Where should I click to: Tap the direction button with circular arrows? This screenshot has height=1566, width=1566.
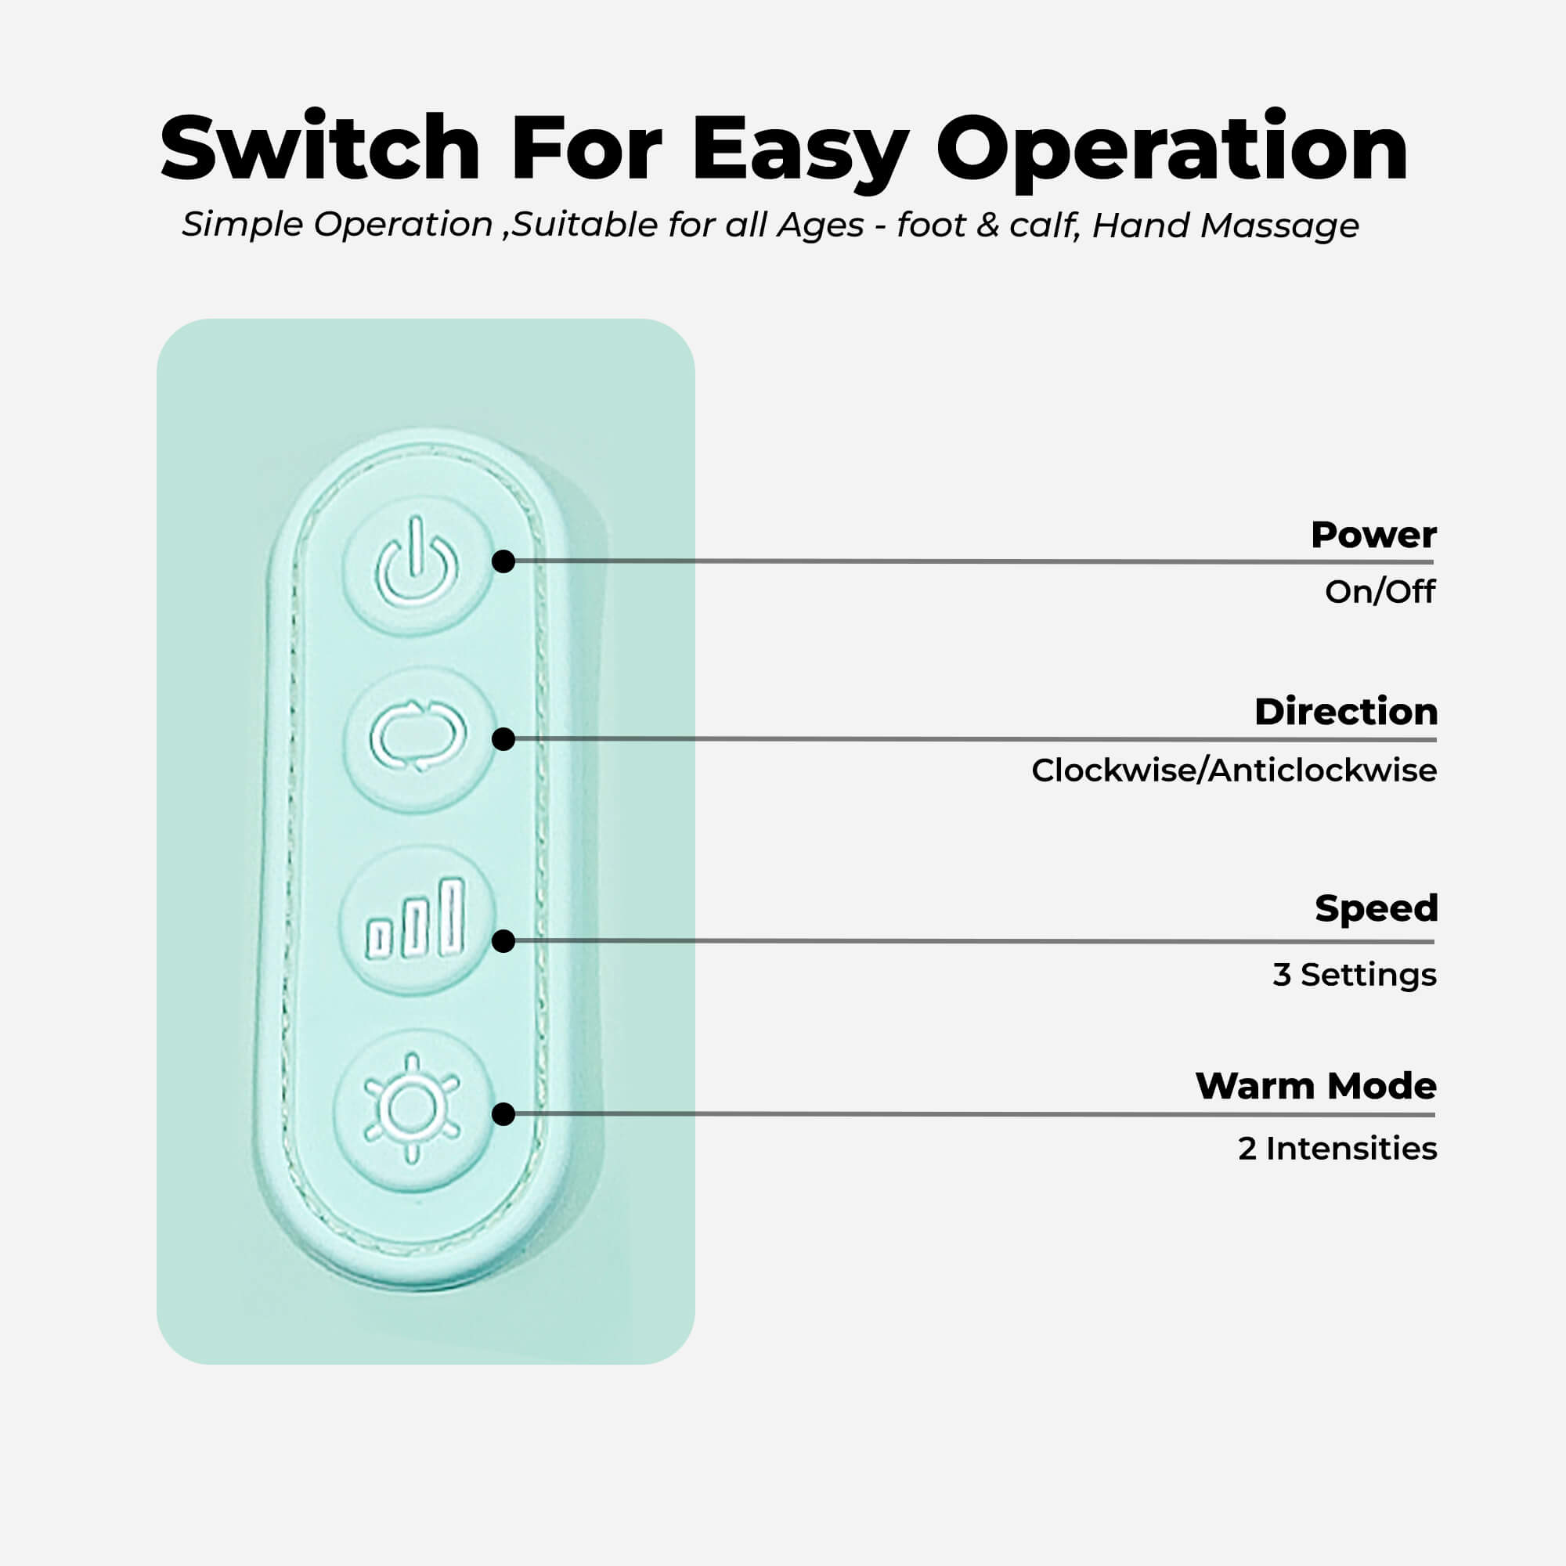tap(418, 738)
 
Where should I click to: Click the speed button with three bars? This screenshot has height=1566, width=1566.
tap(417, 921)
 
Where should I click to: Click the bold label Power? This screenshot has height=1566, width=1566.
tap(1373, 535)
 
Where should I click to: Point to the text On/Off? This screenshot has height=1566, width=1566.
tap(1380, 592)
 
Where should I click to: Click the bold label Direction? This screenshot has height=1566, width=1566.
tap(1345, 712)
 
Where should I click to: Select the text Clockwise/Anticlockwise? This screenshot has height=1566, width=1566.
tap(1234, 770)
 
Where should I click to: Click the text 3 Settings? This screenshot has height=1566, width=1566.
tap(1355, 974)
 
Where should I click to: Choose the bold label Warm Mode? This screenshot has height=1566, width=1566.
tap(1315, 1086)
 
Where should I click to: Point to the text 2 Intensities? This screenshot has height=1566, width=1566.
tap(1337, 1149)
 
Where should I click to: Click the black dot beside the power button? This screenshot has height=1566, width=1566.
tap(503, 561)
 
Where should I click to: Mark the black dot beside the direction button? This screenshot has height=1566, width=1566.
tap(503, 739)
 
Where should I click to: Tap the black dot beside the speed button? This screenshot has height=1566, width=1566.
tap(503, 941)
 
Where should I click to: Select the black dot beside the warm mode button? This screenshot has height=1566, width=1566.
tap(503, 1114)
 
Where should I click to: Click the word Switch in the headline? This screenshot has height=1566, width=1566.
tap(320, 147)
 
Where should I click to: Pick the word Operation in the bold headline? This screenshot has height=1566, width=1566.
tap(1172, 150)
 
